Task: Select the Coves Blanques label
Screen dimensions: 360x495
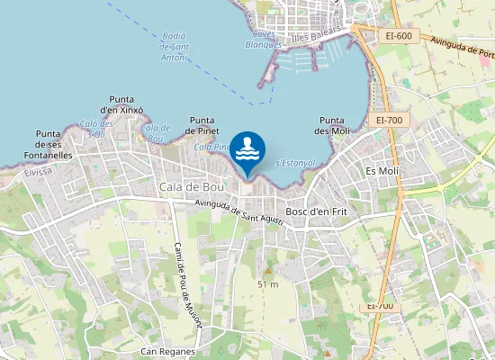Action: click(264, 39)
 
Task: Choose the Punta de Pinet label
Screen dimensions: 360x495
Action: click(202, 125)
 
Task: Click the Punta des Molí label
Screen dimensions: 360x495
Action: click(334, 125)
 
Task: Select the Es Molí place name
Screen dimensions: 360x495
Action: click(382, 170)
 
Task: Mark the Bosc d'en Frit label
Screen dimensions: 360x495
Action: click(316, 211)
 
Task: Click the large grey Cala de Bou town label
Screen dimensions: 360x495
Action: click(190, 186)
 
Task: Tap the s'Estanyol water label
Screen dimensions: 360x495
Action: click(295, 162)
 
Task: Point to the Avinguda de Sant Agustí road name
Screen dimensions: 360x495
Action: click(240, 212)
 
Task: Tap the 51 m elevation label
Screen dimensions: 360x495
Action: click(267, 284)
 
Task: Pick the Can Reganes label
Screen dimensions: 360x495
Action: click(168, 351)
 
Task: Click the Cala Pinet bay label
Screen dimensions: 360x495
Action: click(213, 147)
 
